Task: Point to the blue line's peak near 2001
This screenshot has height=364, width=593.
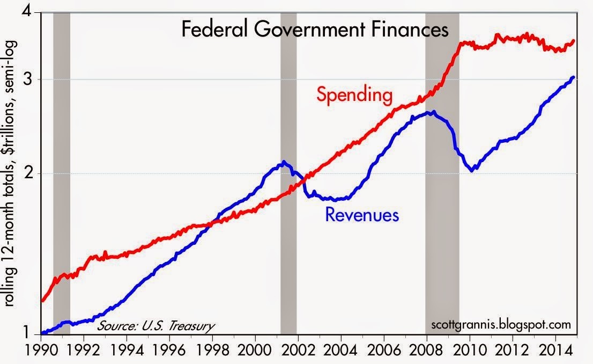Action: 284,162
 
